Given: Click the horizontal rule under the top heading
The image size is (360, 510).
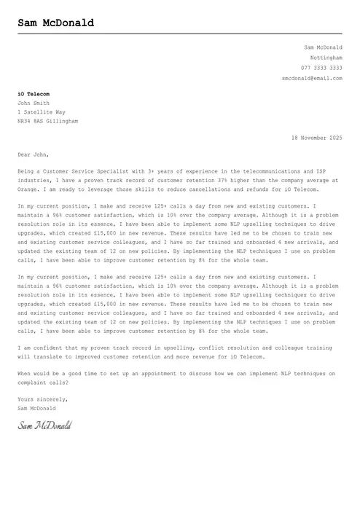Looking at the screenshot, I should click(180, 34).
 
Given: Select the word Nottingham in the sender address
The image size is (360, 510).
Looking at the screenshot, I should click(326, 57).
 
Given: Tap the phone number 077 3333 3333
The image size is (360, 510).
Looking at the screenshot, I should click(321, 67).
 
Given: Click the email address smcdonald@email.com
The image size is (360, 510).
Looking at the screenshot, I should click(312, 77).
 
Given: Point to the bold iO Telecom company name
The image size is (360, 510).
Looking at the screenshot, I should click(34, 94).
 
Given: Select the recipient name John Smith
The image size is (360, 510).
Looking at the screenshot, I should click(34, 103).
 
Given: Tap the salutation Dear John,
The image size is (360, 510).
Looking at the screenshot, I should click(34, 154).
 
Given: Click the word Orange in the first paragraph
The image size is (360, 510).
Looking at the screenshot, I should click(28, 189).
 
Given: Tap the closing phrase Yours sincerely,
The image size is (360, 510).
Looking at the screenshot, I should click(43, 399).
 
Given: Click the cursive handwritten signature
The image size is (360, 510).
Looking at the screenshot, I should click(44, 425).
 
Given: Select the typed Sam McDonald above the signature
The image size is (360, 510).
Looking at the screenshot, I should click(36, 408).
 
